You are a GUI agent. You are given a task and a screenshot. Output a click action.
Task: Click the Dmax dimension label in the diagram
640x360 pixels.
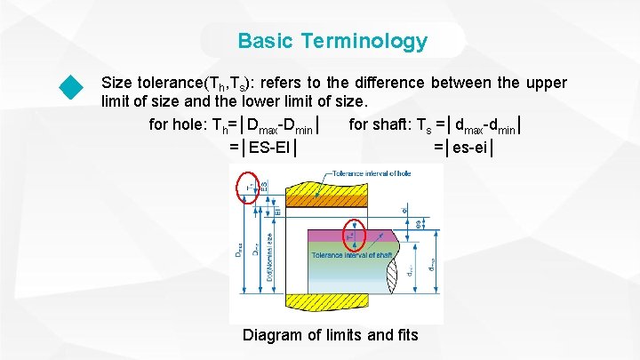pos(238,252)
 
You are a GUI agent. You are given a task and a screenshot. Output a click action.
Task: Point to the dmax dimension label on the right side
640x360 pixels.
pos(432,264)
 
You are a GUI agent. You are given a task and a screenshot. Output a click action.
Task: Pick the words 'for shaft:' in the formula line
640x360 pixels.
pos(380,124)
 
